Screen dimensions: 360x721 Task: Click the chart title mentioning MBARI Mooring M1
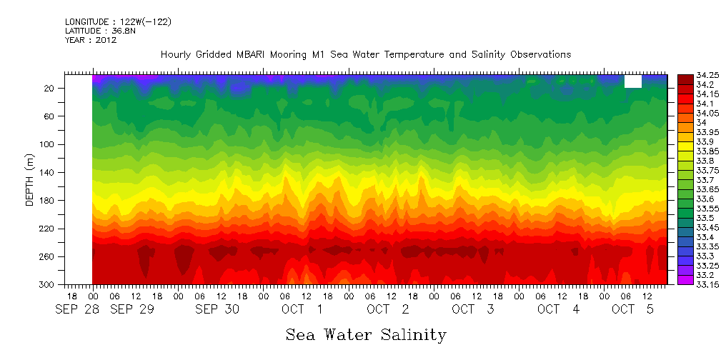(366, 54)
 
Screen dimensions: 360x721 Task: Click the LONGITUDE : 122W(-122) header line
(118, 22)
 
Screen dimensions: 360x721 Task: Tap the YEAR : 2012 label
(91, 40)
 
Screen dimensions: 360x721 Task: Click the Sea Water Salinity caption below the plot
(366, 334)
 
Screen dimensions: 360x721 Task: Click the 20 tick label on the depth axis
(50, 88)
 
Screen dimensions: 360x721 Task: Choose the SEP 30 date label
(217, 309)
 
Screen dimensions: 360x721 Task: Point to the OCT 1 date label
(301, 309)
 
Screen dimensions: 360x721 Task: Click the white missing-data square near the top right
(632, 81)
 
